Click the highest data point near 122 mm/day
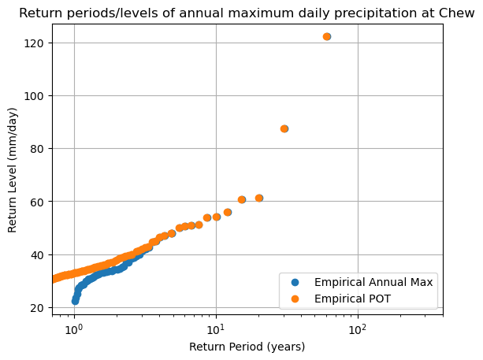327,37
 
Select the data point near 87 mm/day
284,128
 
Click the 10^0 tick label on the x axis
74,328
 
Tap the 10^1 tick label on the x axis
216,328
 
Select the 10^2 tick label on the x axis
358,328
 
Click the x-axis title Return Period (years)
247,347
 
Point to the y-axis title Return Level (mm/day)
13,169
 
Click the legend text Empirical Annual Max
373,282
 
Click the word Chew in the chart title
458,13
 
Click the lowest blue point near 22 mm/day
75,301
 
